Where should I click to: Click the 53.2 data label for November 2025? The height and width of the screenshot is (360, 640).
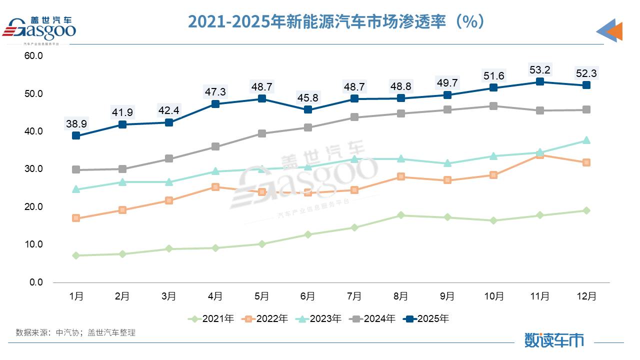(x=540, y=69)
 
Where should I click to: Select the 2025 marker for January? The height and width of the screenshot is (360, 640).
(x=76, y=135)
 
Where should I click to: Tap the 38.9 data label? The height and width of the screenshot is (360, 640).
(x=76, y=123)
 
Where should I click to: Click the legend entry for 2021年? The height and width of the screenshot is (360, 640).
(x=211, y=318)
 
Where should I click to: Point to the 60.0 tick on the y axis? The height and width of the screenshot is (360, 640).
(x=34, y=56)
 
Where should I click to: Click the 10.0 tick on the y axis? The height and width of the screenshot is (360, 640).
(x=34, y=244)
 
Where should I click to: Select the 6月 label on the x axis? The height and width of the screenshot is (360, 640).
(x=308, y=296)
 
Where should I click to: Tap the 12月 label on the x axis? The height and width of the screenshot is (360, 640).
(x=586, y=296)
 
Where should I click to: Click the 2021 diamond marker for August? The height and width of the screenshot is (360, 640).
(x=401, y=215)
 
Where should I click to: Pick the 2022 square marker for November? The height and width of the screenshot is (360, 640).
(x=540, y=155)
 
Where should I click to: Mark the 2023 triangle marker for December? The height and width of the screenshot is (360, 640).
(x=586, y=140)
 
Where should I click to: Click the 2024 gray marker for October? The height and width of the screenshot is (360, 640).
(x=493, y=106)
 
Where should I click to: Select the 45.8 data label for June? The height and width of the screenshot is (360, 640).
(x=308, y=97)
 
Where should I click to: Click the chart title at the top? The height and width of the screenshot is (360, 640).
(x=336, y=21)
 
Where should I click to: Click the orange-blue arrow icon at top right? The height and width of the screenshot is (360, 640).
(x=609, y=31)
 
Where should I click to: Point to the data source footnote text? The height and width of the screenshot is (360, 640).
(x=75, y=332)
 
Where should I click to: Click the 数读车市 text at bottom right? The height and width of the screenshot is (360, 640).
(x=554, y=340)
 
